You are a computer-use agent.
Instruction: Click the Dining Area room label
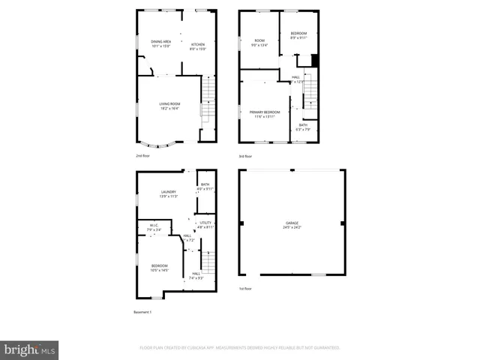(x=161, y=43)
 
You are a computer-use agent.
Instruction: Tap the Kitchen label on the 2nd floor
(x=198, y=45)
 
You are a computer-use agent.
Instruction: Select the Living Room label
(x=169, y=105)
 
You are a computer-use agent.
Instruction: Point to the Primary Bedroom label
(x=265, y=112)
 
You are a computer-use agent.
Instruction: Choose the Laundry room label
(x=168, y=193)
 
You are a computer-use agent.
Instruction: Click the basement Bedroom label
(x=159, y=267)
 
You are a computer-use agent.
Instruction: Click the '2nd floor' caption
(x=142, y=156)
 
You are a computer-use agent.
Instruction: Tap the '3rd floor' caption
(x=245, y=156)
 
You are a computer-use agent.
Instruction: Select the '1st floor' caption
(x=245, y=288)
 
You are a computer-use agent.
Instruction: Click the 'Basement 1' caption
(x=143, y=311)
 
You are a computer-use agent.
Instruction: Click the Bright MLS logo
(x=30, y=349)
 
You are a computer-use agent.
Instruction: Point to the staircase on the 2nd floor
(x=207, y=101)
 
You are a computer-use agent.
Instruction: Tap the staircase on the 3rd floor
(x=309, y=94)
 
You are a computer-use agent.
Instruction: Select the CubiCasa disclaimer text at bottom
(x=240, y=348)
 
